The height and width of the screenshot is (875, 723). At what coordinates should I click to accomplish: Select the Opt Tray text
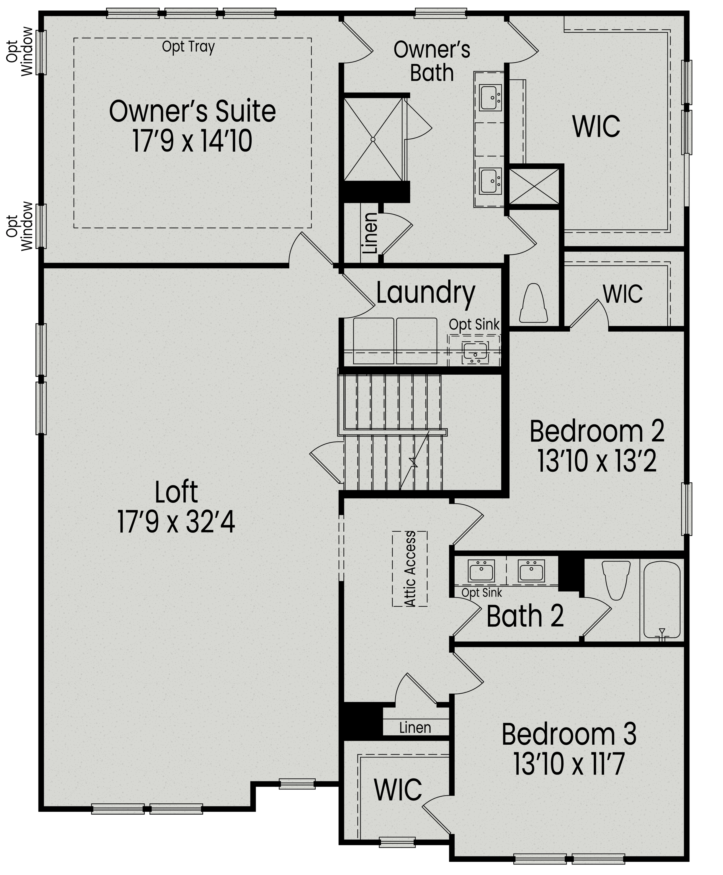188,47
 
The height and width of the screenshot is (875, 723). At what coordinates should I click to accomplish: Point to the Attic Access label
410,569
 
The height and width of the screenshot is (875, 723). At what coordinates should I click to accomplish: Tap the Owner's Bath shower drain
373,139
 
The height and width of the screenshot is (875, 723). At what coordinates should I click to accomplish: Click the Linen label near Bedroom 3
415,728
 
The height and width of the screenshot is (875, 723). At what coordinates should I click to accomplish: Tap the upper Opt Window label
20,52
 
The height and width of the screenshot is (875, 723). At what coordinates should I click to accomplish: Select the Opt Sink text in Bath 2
482,592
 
